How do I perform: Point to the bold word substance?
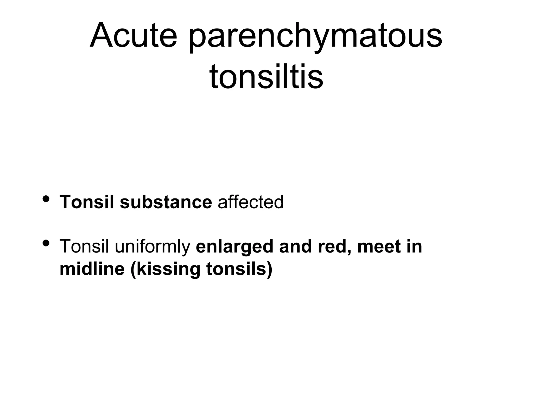click(x=166, y=202)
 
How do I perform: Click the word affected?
click(x=251, y=202)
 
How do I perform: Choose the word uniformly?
click(x=153, y=247)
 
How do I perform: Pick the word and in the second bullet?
click(x=295, y=246)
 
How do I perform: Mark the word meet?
click(x=379, y=246)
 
